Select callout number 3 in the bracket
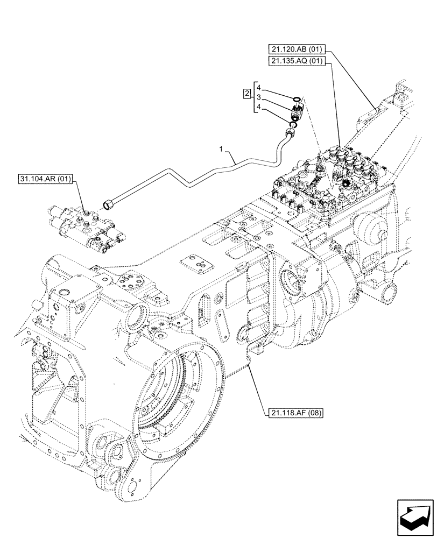click(258, 97)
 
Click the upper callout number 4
click(258, 88)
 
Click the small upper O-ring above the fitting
click(295, 99)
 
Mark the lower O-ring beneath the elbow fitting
click(294, 125)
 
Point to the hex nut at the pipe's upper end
click(291, 131)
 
